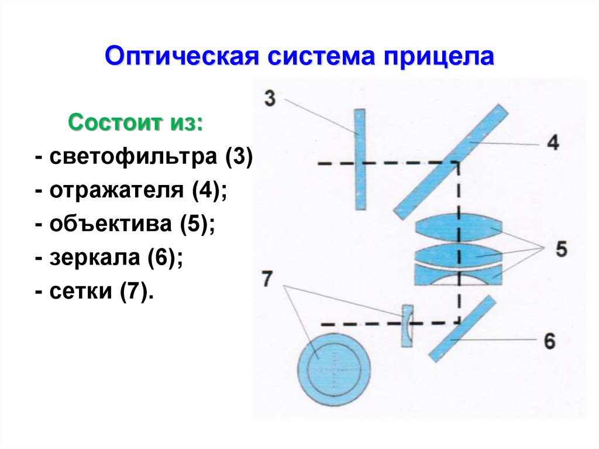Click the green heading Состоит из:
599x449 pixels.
click(136, 124)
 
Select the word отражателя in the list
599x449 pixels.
click(116, 191)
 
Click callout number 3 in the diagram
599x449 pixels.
click(270, 98)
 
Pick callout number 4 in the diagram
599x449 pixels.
click(552, 142)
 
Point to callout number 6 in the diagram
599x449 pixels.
click(549, 341)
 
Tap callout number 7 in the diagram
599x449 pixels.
click(268, 280)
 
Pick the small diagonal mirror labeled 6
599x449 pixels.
click(462, 328)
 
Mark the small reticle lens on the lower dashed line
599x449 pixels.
click(407, 325)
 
